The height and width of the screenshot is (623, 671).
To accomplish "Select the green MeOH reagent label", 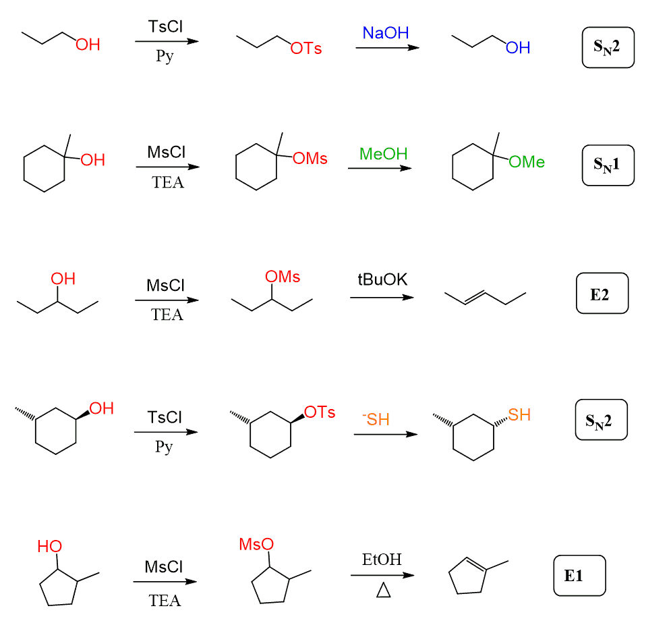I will point(383,154).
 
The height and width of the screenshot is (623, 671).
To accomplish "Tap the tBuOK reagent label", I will point(382,279).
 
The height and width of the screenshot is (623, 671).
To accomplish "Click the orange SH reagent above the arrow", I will point(376,420).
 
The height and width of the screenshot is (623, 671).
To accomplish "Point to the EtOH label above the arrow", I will point(381,560).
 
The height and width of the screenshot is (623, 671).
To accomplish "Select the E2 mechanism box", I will point(602,294).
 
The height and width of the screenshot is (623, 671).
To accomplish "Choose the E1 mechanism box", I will point(579,576).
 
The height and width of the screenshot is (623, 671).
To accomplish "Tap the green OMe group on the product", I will point(527,162).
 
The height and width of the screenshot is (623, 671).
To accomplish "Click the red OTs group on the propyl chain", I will point(306,49).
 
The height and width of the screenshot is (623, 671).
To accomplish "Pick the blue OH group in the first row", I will point(518,48).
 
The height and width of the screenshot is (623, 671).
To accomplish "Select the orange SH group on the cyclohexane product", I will point(519,414).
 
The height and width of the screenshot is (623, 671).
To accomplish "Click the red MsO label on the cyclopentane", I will point(256,544).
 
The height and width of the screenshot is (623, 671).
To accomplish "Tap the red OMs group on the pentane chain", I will point(283,277).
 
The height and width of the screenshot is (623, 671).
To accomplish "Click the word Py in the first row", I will point(165,56).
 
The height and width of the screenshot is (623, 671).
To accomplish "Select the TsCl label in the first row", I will point(166,27).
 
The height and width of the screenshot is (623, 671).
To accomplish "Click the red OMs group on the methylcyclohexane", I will point(310,159).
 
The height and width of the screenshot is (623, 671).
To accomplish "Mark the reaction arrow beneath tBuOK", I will point(381,297).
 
